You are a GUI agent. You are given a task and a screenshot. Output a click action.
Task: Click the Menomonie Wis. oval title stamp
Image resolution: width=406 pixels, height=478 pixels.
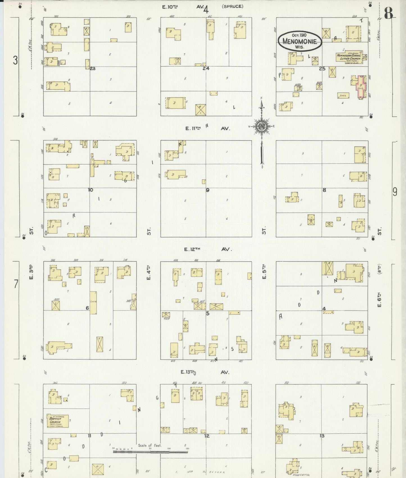coord(300,41)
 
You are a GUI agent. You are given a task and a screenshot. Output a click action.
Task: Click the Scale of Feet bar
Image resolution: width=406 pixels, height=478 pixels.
coord(150,452)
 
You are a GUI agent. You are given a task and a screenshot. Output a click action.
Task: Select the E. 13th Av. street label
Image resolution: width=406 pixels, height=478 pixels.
coord(205,372)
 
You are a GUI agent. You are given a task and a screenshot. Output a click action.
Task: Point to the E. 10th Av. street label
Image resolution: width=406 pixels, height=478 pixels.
coord(183,7)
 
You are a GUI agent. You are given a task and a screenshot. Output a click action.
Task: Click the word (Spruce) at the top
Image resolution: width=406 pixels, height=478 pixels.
coord(233,6)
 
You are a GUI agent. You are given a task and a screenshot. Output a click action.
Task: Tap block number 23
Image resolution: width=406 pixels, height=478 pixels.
coord(93,68)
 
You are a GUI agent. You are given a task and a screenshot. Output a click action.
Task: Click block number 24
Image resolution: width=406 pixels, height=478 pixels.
coord(206,68)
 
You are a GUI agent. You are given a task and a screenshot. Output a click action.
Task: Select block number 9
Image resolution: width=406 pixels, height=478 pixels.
coord(207,190)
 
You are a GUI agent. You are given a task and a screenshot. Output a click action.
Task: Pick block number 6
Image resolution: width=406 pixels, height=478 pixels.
coord(87,308)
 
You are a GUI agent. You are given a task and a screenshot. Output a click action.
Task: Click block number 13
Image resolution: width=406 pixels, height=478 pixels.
coord(322,436)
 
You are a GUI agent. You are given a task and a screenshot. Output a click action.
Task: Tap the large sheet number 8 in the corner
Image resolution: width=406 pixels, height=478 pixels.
coord(389,13)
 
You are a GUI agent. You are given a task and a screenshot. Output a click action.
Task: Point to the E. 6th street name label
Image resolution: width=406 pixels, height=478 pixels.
coord(379,299)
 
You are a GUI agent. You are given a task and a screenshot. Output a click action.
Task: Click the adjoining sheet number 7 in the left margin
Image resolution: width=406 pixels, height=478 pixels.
coord(16,284)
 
